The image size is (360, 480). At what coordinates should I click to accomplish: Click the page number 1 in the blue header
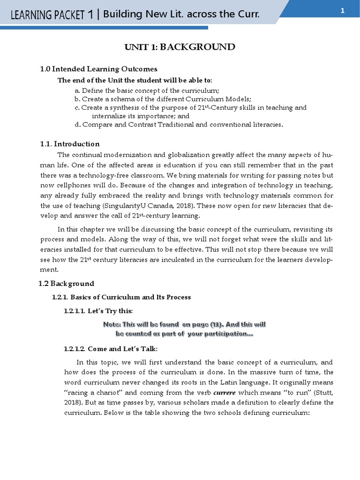(343, 11)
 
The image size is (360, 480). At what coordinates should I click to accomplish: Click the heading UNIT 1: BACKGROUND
(180, 47)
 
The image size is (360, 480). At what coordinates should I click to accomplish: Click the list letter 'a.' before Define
(77, 90)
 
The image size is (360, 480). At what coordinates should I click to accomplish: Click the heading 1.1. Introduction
(70, 144)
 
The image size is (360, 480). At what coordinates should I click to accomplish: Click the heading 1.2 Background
(66, 284)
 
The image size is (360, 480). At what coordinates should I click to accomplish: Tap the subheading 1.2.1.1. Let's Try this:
(98, 311)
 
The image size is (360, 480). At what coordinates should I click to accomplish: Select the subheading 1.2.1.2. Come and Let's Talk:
(111, 349)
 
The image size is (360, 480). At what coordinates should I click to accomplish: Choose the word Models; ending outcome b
(238, 99)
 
